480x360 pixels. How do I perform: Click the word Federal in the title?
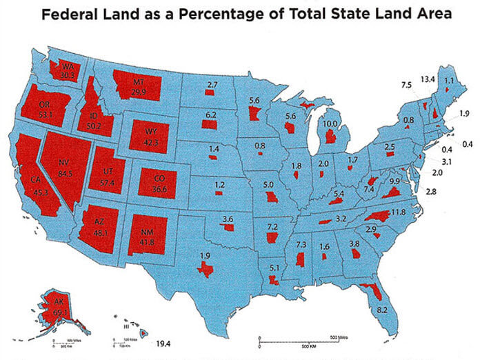[x=72, y=14]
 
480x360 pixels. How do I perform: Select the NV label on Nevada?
[x=66, y=155]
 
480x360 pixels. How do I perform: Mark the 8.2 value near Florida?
[x=382, y=311]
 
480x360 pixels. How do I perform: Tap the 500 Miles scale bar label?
[x=339, y=336]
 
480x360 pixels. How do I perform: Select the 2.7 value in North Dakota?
[x=212, y=85]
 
